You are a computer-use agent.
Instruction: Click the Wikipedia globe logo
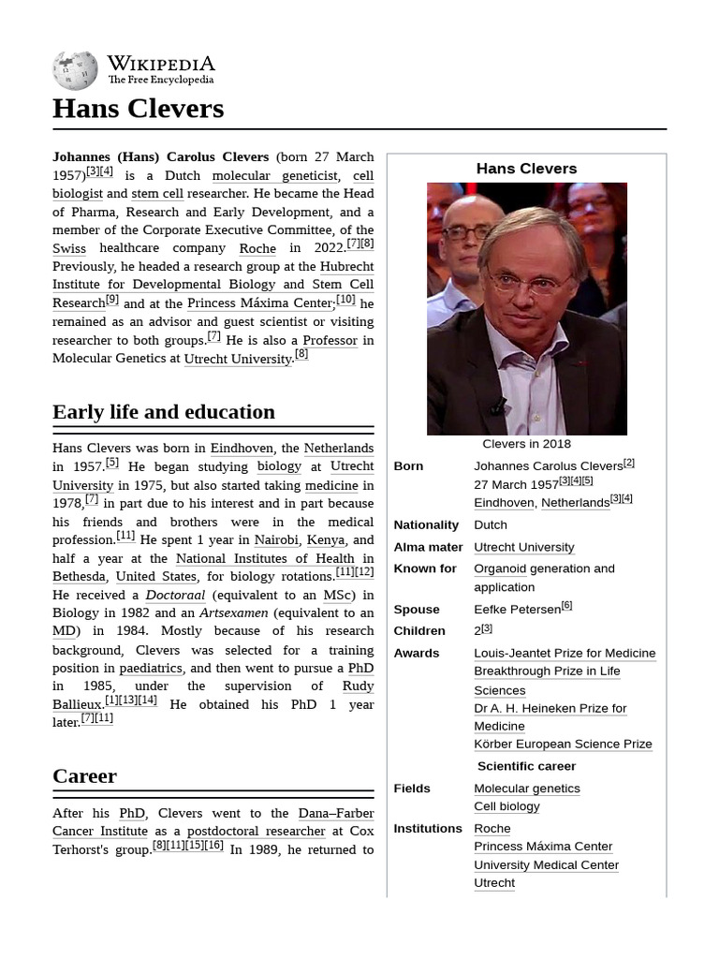(x=75, y=71)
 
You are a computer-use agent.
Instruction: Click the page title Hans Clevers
(x=138, y=109)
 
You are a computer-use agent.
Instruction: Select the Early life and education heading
(x=164, y=412)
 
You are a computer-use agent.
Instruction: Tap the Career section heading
(x=84, y=776)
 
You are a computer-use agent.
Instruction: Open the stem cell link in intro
(x=157, y=194)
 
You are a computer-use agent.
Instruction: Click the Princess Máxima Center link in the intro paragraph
(x=259, y=303)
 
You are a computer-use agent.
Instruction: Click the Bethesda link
(x=80, y=577)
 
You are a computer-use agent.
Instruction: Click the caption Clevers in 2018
(x=526, y=444)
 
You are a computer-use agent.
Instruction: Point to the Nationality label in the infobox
(x=426, y=525)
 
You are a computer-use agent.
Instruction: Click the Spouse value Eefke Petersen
(x=517, y=610)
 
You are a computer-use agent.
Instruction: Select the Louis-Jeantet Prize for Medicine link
(x=565, y=654)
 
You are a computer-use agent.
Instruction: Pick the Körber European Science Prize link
(x=563, y=745)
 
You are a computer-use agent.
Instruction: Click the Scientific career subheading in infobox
(x=526, y=766)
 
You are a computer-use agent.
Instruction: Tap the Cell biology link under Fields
(x=506, y=807)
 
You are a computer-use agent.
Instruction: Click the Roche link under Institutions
(x=492, y=829)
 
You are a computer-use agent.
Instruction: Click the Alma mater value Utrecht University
(x=523, y=548)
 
